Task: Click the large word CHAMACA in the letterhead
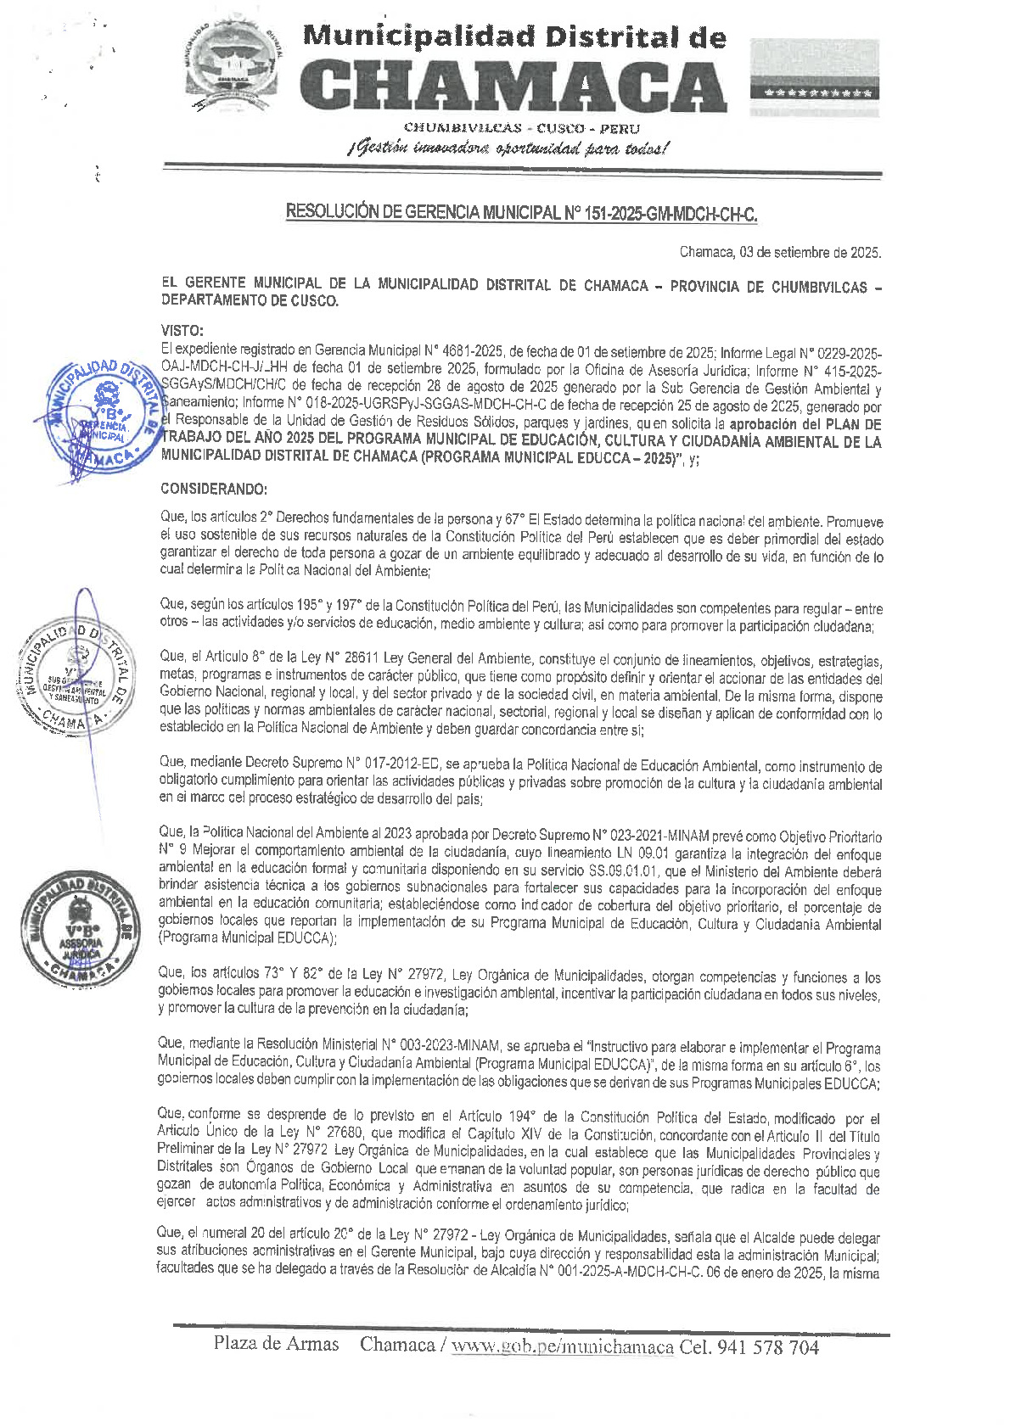513,85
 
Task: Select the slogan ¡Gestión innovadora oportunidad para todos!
508,148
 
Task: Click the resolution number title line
521,213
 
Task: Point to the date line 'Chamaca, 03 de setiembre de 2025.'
780,252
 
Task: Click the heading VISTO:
182,330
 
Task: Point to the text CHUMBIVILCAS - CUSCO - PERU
521,128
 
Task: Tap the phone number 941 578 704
768,1347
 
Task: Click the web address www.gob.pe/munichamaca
562,1347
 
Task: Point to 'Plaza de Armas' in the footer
276,1344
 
